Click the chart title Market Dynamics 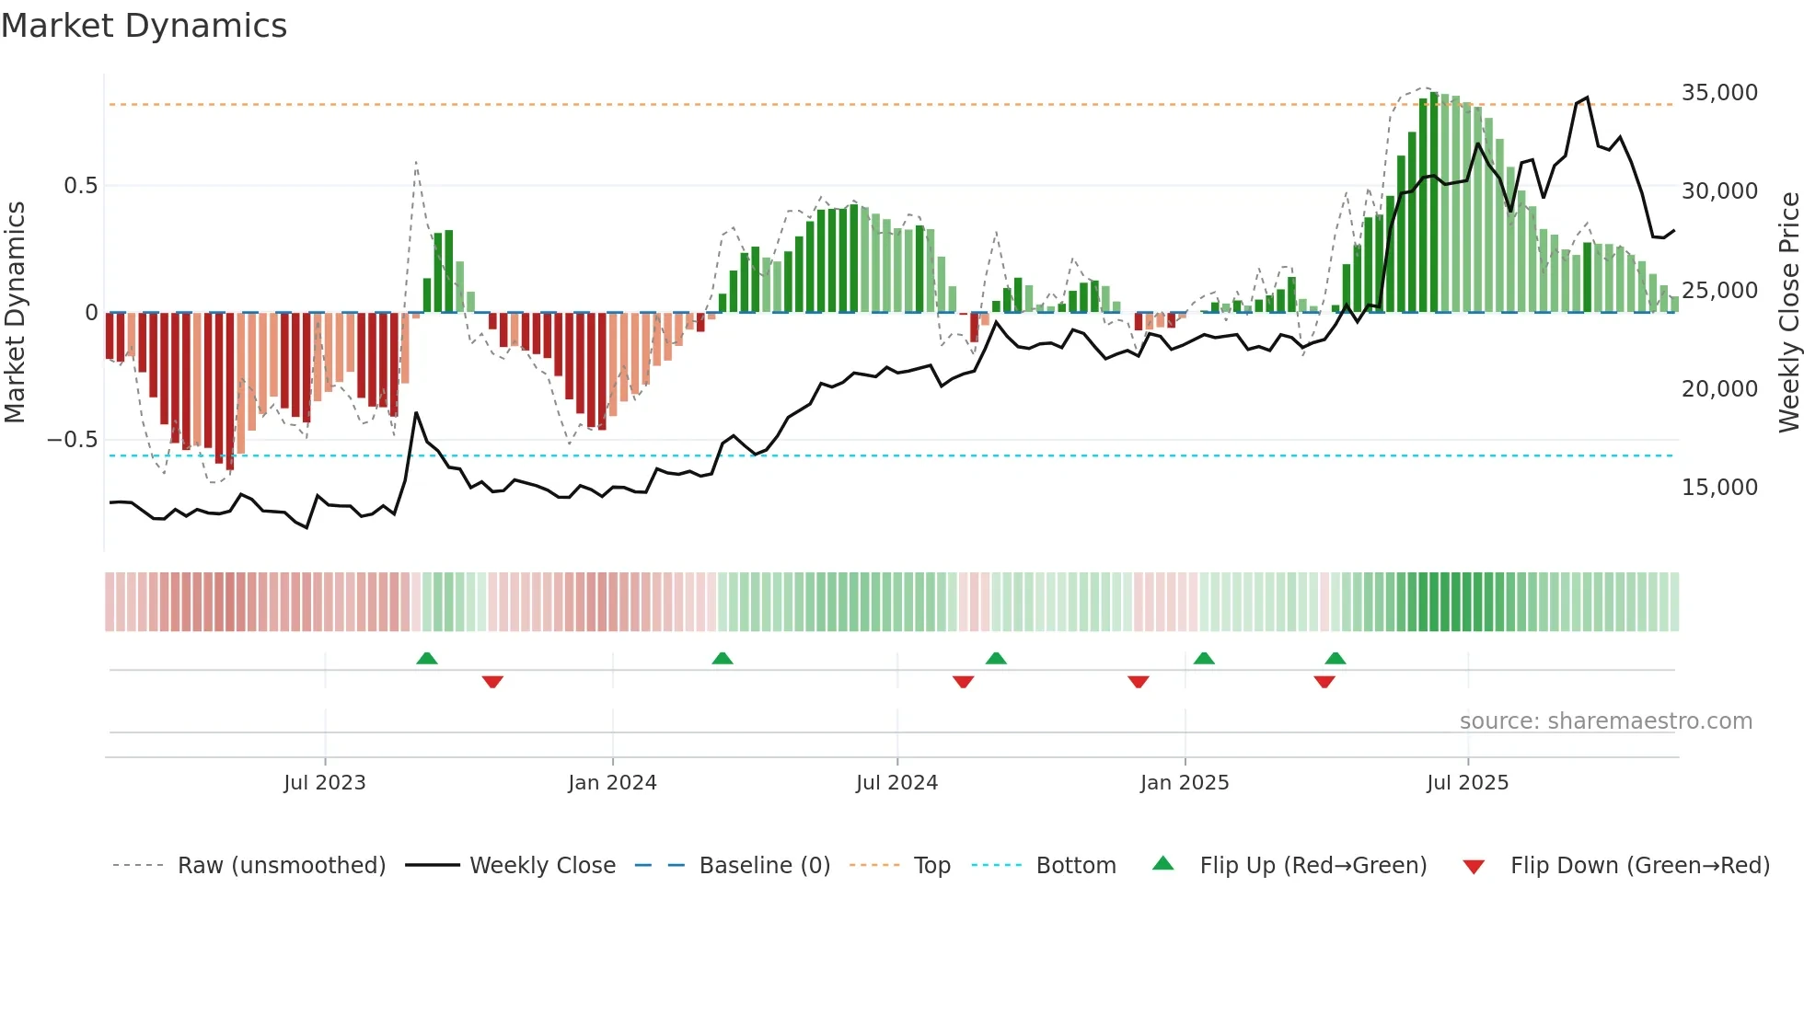pyautogui.click(x=145, y=26)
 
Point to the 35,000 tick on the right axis pyautogui.click(x=1718, y=93)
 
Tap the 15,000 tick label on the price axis pyautogui.click(x=1718, y=488)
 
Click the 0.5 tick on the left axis pyautogui.click(x=80, y=186)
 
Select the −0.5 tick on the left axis pyautogui.click(x=73, y=440)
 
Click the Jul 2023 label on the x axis pyautogui.click(x=324, y=783)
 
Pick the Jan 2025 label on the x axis pyautogui.click(x=1184, y=783)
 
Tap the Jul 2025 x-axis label pyautogui.click(x=1467, y=783)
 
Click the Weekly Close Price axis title pyautogui.click(x=1788, y=313)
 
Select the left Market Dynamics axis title pyautogui.click(x=15, y=313)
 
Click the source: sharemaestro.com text pyautogui.click(x=1605, y=721)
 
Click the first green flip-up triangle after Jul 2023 pyautogui.click(x=426, y=659)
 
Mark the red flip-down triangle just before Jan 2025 pyautogui.click(x=1138, y=682)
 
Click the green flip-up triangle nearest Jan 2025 pyautogui.click(x=1203, y=659)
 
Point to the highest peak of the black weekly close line pyautogui.click(x=1586, y=98)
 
